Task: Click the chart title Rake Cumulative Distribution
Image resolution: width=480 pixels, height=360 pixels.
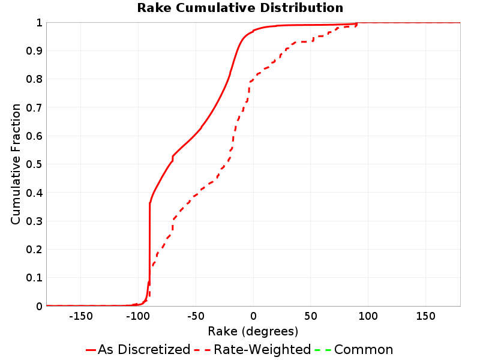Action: click(x=240, y=8)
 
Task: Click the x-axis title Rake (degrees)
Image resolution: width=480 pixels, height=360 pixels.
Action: click(x=253, y=332)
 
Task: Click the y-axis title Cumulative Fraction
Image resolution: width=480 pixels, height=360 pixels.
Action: click(x=16, y=164)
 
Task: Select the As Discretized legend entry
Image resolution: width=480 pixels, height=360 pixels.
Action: click(x=138, y=350)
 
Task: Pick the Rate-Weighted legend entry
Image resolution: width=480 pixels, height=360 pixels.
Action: click(x=253, y=350)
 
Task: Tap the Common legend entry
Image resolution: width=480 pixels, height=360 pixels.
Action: click(x=354, y=350)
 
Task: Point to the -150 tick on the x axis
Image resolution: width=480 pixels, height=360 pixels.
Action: click(x=81, y=316)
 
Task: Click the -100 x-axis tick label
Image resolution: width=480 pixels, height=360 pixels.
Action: click(x=138, y=316)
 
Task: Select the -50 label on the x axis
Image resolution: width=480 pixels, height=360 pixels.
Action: click(x=196, y=316)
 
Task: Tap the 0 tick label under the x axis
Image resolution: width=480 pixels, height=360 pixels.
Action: click(x=253, y=316)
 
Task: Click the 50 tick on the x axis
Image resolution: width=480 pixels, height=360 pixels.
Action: click(x=311, y=316)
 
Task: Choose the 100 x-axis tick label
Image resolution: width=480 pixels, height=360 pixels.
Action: click(x=368, y=316)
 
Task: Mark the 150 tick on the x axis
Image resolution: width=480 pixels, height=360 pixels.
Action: click(x=426, y=316)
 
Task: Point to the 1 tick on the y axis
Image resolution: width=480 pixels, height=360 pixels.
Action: click(x=40, y=23)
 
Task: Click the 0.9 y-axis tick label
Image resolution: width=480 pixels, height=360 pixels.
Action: click(x=34, y=51)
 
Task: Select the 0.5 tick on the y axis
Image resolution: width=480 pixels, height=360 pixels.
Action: click(x=34, y=164)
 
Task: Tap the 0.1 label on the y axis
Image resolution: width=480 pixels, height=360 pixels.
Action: click(x=34, y=278)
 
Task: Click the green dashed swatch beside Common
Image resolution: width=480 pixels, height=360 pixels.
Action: click(x=323, y=350)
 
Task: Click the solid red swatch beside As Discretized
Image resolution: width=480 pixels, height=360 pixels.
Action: click(x=91, y=350)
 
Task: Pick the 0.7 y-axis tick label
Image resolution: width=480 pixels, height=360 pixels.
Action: click(x=34, y=108)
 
